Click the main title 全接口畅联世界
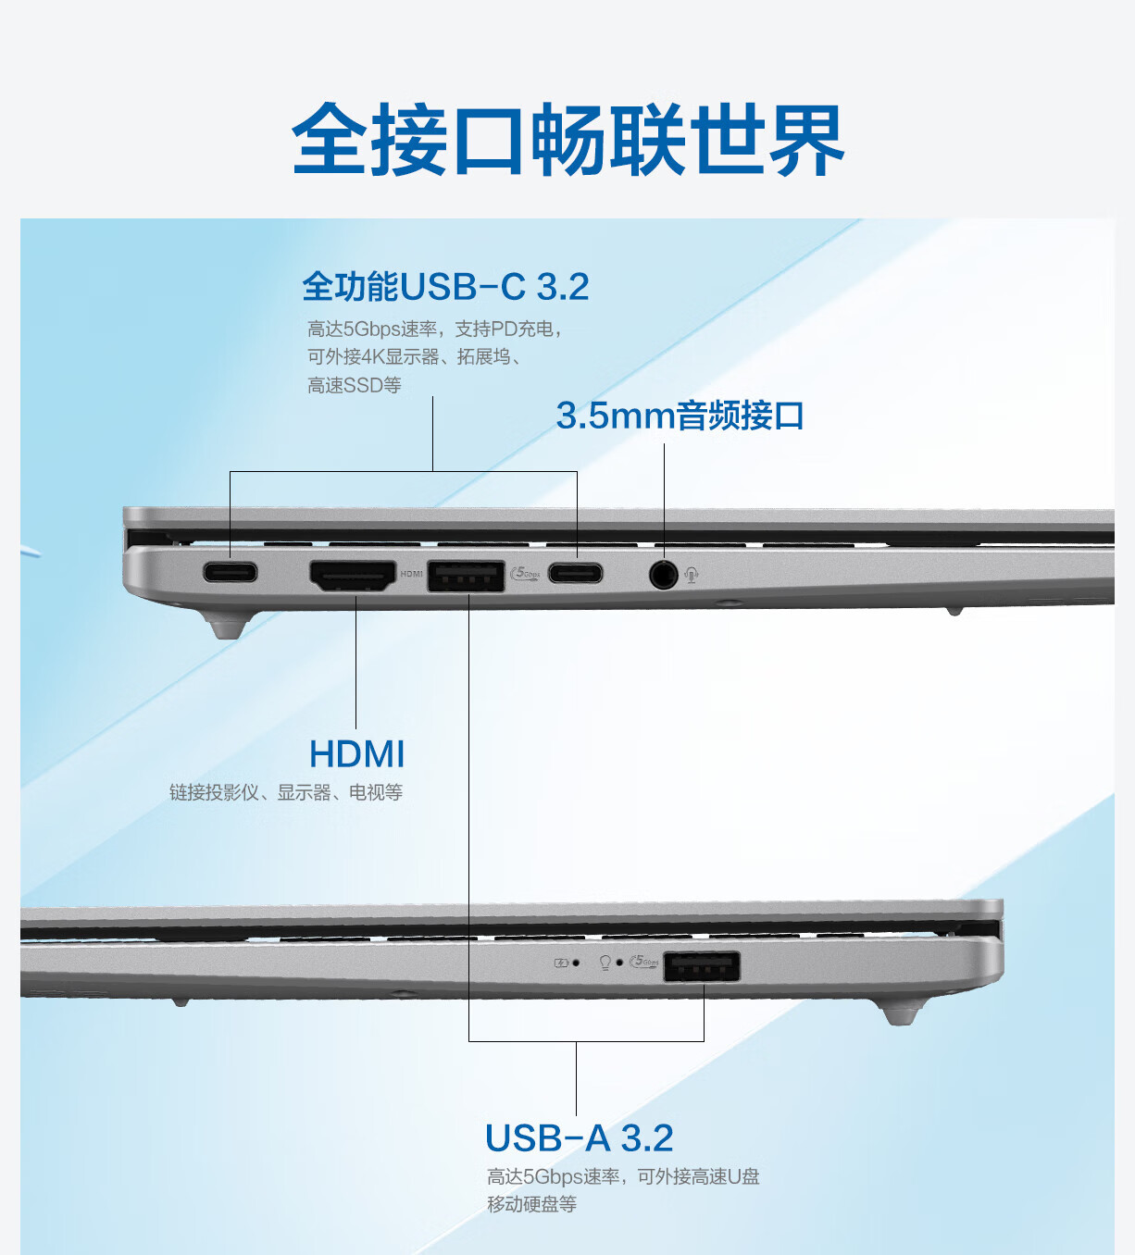click(x=567, y=139)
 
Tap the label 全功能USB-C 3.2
click(x=445, y=287)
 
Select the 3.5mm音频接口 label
click(x=680, y=416)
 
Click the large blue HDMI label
click(x=356, y=753)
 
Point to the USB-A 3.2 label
click(x=580, y=1137)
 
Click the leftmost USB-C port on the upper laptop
click(x=230, y=573)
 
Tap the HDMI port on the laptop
click(x=353, y=576)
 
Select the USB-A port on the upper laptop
click(x=466, y=577)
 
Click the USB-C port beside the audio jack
click(x=575, y=573)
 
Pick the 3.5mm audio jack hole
click(x=663, y=574)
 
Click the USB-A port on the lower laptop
click(x=702, y=966)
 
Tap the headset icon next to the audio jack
click(x=692, y=575)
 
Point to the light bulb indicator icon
click(x=605, y=963)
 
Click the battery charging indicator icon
click(x=561, y=963)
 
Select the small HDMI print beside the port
click(x=411, y=574)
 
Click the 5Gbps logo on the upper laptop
click(x=526, y=574)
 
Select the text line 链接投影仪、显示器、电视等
click(x=286, y=792)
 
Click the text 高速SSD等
click(x=355, y=385)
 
